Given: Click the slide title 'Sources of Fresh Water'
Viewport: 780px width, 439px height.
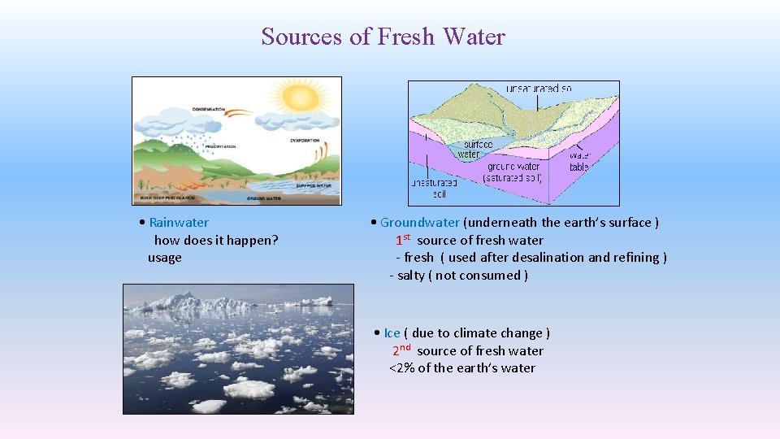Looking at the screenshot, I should (383, 37).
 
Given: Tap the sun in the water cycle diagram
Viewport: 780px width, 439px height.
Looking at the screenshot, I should (300, 99).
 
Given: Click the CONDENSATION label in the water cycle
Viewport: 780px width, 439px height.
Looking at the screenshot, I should (208, 109).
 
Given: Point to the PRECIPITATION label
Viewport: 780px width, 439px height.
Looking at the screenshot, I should (219, 147).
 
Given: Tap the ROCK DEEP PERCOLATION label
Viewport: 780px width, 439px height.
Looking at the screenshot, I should (167, 198).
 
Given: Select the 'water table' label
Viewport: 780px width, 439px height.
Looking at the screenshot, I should (579, 161).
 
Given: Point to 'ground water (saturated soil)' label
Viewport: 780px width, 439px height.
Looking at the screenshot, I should (513, 172).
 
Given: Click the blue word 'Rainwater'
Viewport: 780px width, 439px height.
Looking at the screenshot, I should (179, 223).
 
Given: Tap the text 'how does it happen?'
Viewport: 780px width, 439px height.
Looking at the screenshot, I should (216, 240).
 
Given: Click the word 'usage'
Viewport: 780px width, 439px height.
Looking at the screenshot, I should (165, 258).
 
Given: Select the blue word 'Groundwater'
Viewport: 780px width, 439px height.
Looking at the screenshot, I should (419, 223).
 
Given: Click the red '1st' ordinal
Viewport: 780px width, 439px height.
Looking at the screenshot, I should (403, 240).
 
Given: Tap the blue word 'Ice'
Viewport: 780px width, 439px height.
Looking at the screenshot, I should (392, 333).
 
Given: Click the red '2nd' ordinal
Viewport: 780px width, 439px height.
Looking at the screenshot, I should (401, 350).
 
